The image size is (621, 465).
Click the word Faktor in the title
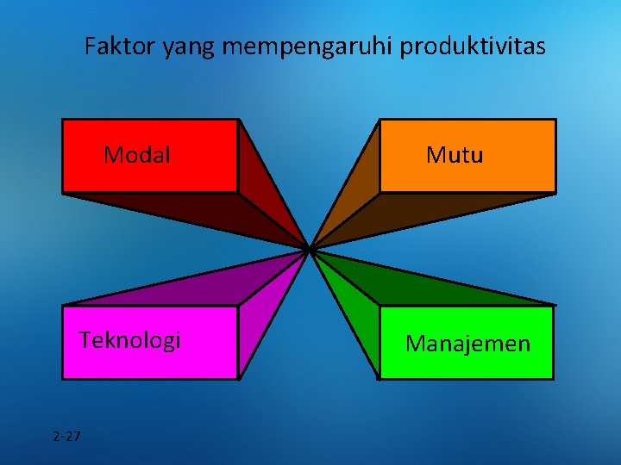[x=120, y=46]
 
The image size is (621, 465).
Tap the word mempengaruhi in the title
[x=309, y=48]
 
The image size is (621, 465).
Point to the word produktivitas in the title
[x=474, y=46]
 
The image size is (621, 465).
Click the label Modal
[x=137, y=155]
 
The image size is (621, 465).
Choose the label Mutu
[x=455, y=155]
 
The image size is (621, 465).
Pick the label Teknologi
[x=130, y=340]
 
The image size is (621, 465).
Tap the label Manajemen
[x=468, y=344]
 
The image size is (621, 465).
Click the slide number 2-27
[x=66, y=436]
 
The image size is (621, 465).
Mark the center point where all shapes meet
[x=309, y=249]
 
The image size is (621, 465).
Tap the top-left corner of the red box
[x=63, y=120]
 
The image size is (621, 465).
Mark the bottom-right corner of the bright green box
[x=552, y=378]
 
